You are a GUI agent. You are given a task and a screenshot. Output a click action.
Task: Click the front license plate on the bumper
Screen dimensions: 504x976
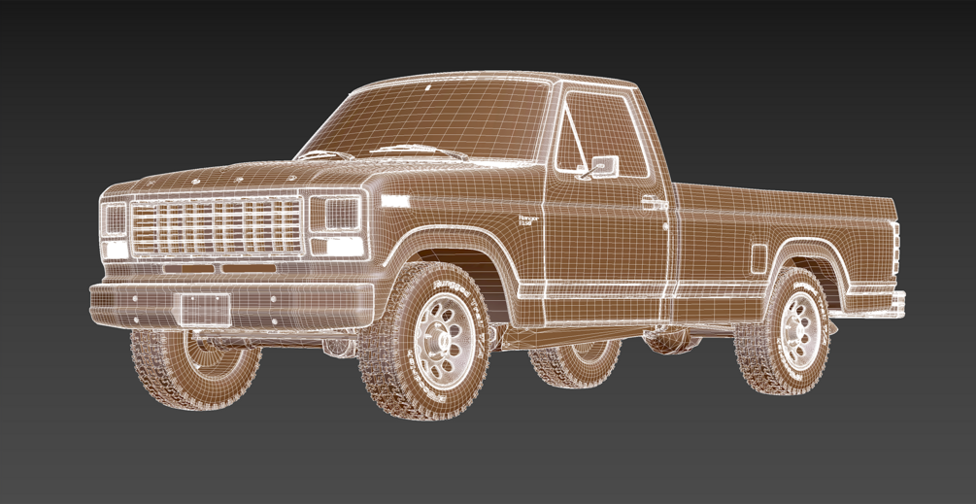pos(206,310)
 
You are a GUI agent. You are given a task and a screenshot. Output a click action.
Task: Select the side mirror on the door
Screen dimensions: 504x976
pos(604,167)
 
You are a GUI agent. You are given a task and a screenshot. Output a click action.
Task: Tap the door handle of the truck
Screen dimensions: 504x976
pos(653,203)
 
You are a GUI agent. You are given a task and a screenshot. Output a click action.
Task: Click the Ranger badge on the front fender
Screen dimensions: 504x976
pos(528,220)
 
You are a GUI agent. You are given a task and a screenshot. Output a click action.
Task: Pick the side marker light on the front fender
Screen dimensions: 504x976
pos(395,201)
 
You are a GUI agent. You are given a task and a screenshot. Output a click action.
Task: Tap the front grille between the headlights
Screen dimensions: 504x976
pos(216,226)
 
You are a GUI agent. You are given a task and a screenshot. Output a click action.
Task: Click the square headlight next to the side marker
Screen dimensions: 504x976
pos(337,214)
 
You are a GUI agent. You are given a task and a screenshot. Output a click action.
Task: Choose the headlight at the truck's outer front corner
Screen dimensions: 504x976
pos(114,219)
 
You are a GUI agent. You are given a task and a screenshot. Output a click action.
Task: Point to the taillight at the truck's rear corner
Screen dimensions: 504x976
pos(895,249)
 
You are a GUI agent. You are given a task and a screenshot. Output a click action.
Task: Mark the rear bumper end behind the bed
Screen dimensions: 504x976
pos(898,303)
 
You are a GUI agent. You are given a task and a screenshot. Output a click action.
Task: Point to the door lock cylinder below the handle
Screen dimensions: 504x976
pos(665,226)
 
